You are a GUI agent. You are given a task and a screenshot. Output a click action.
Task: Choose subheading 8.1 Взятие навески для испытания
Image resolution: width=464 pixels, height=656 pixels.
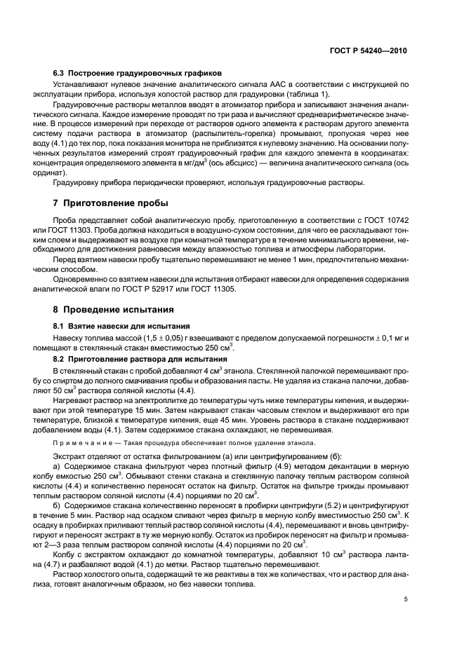[x=129, y=327]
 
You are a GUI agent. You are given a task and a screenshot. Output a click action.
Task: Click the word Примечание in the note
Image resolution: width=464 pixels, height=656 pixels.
[x=78, y=442]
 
